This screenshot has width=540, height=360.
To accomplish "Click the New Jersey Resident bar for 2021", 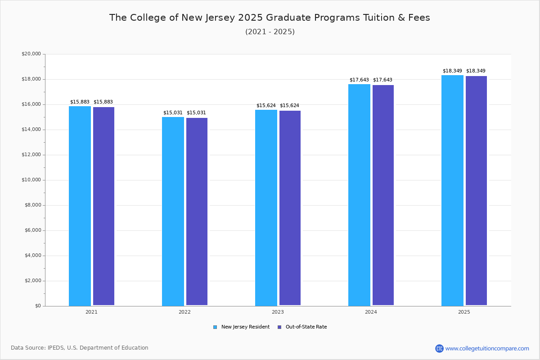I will point(80,206).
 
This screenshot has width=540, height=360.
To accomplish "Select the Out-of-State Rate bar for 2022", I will point(197,211).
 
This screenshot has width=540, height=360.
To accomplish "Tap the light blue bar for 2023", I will point(266,207).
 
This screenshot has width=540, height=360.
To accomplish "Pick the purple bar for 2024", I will point(383,195).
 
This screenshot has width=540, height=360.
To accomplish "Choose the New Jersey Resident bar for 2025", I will point(452,190).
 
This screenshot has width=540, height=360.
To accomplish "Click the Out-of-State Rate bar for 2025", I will point(476,191).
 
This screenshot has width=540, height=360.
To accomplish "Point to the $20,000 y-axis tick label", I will point(31,54).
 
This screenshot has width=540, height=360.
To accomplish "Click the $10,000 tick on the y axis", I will point(31,180).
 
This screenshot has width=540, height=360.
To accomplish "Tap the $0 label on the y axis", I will point(37,306).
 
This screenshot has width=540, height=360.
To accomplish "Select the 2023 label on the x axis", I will point(278,312).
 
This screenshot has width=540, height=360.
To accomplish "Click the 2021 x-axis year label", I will point(91,312).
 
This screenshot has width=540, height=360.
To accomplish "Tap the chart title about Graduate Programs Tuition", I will point(270,18).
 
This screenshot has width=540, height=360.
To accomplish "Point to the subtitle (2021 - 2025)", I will point(270,32).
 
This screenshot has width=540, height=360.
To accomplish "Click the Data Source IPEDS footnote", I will point(80,348).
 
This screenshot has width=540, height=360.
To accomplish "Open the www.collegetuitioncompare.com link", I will point(487,348).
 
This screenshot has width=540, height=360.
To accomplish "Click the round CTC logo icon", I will point(439,348).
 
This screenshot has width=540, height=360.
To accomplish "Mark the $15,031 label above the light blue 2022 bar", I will point(173,112).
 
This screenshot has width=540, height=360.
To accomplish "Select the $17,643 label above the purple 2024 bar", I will point(382,80).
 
